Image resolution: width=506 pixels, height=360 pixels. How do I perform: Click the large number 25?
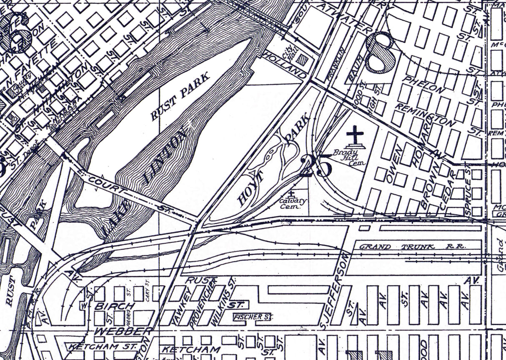(316, 165)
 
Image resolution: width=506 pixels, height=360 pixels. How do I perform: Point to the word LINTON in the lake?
(165, 156)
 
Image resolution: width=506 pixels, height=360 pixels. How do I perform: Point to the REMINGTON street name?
(425, 115)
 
